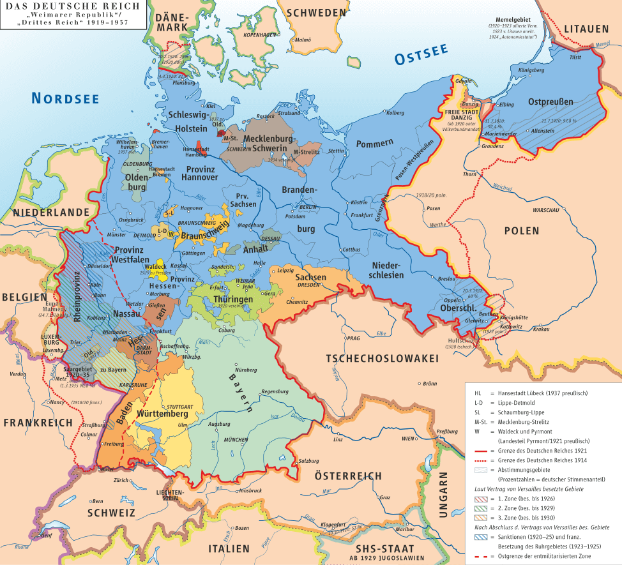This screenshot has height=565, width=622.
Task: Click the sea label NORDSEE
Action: pos(66,98)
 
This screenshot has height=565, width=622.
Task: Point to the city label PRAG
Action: pos(354,338)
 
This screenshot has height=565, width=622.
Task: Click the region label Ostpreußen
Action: pos(550,102)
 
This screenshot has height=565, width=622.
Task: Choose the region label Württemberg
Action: pos(162,414)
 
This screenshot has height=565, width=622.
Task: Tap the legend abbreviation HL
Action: pos(479,393)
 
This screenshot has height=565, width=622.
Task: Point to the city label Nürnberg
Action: pos(247,370)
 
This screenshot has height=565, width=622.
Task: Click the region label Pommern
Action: pos(375,143)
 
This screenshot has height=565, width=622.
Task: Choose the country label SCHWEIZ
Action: pos(111,513)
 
